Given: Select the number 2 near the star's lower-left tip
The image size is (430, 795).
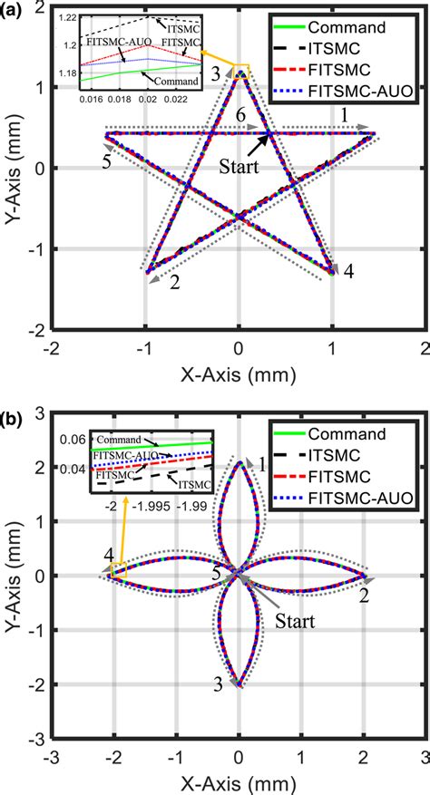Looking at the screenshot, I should (x=174, y=282).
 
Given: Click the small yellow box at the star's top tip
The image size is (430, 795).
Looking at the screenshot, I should (x=241, y=69).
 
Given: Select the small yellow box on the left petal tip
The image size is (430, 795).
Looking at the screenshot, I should (x=117, y=570).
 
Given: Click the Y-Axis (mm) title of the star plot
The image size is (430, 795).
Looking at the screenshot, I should (x=13, y=168).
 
